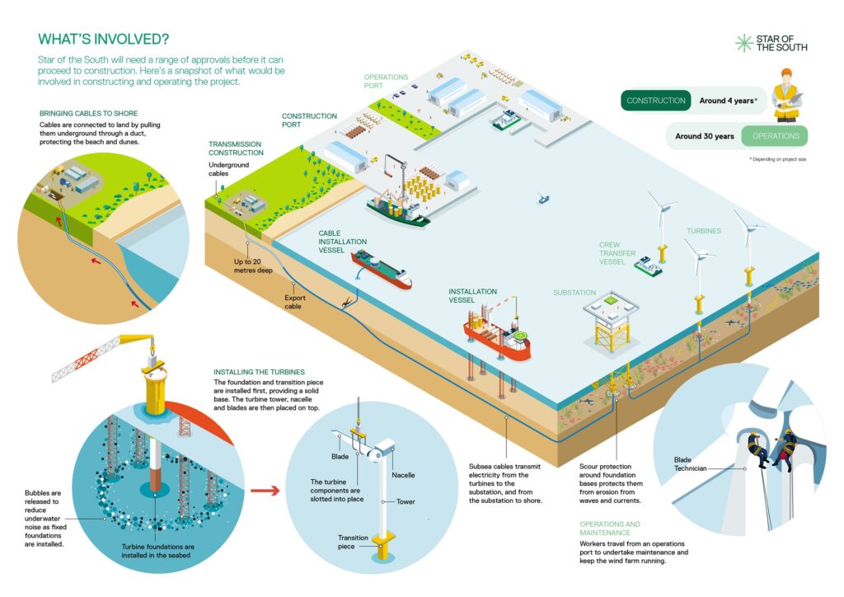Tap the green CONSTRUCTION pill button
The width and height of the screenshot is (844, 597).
tap(656, 101)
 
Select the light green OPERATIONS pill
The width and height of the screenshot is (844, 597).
tap(775, 136)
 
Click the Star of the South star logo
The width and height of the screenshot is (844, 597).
tap(744, 43)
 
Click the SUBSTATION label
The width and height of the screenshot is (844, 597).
tap(574, 293)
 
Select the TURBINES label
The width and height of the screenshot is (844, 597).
tap(704, 231)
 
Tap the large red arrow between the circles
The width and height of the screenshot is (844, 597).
tap(262, 491)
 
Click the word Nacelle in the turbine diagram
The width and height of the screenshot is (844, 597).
tap(404, 475)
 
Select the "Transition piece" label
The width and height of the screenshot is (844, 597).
tap(353, 543)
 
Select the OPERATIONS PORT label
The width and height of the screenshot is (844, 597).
tap(386, 81)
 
